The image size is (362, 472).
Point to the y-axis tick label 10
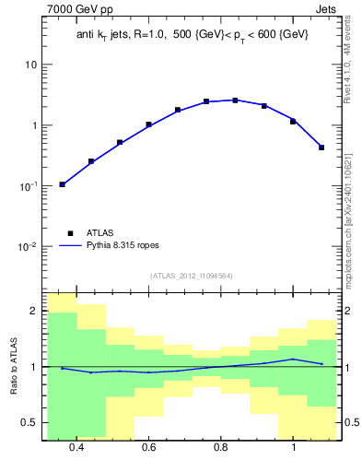click(x=30, y=65)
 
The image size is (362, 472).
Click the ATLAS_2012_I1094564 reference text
click(x=191, y=276)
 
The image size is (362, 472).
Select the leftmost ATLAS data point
click(x=63, y=184)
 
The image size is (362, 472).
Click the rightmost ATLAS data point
click(x=321, y=147)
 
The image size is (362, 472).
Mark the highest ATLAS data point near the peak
click(x=235, y=100)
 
